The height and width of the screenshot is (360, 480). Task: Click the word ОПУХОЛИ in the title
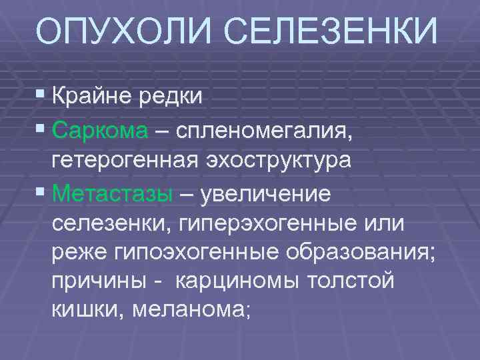point(124,33)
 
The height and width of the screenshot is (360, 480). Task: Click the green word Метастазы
point(113,194)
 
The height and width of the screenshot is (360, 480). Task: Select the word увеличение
point(274,194)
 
